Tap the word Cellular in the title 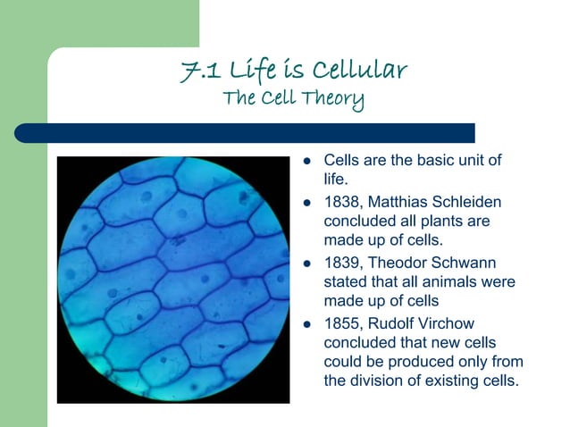[x=361, y=71]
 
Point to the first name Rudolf [x=396, y=324]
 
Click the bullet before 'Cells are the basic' [x=306, y=161]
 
